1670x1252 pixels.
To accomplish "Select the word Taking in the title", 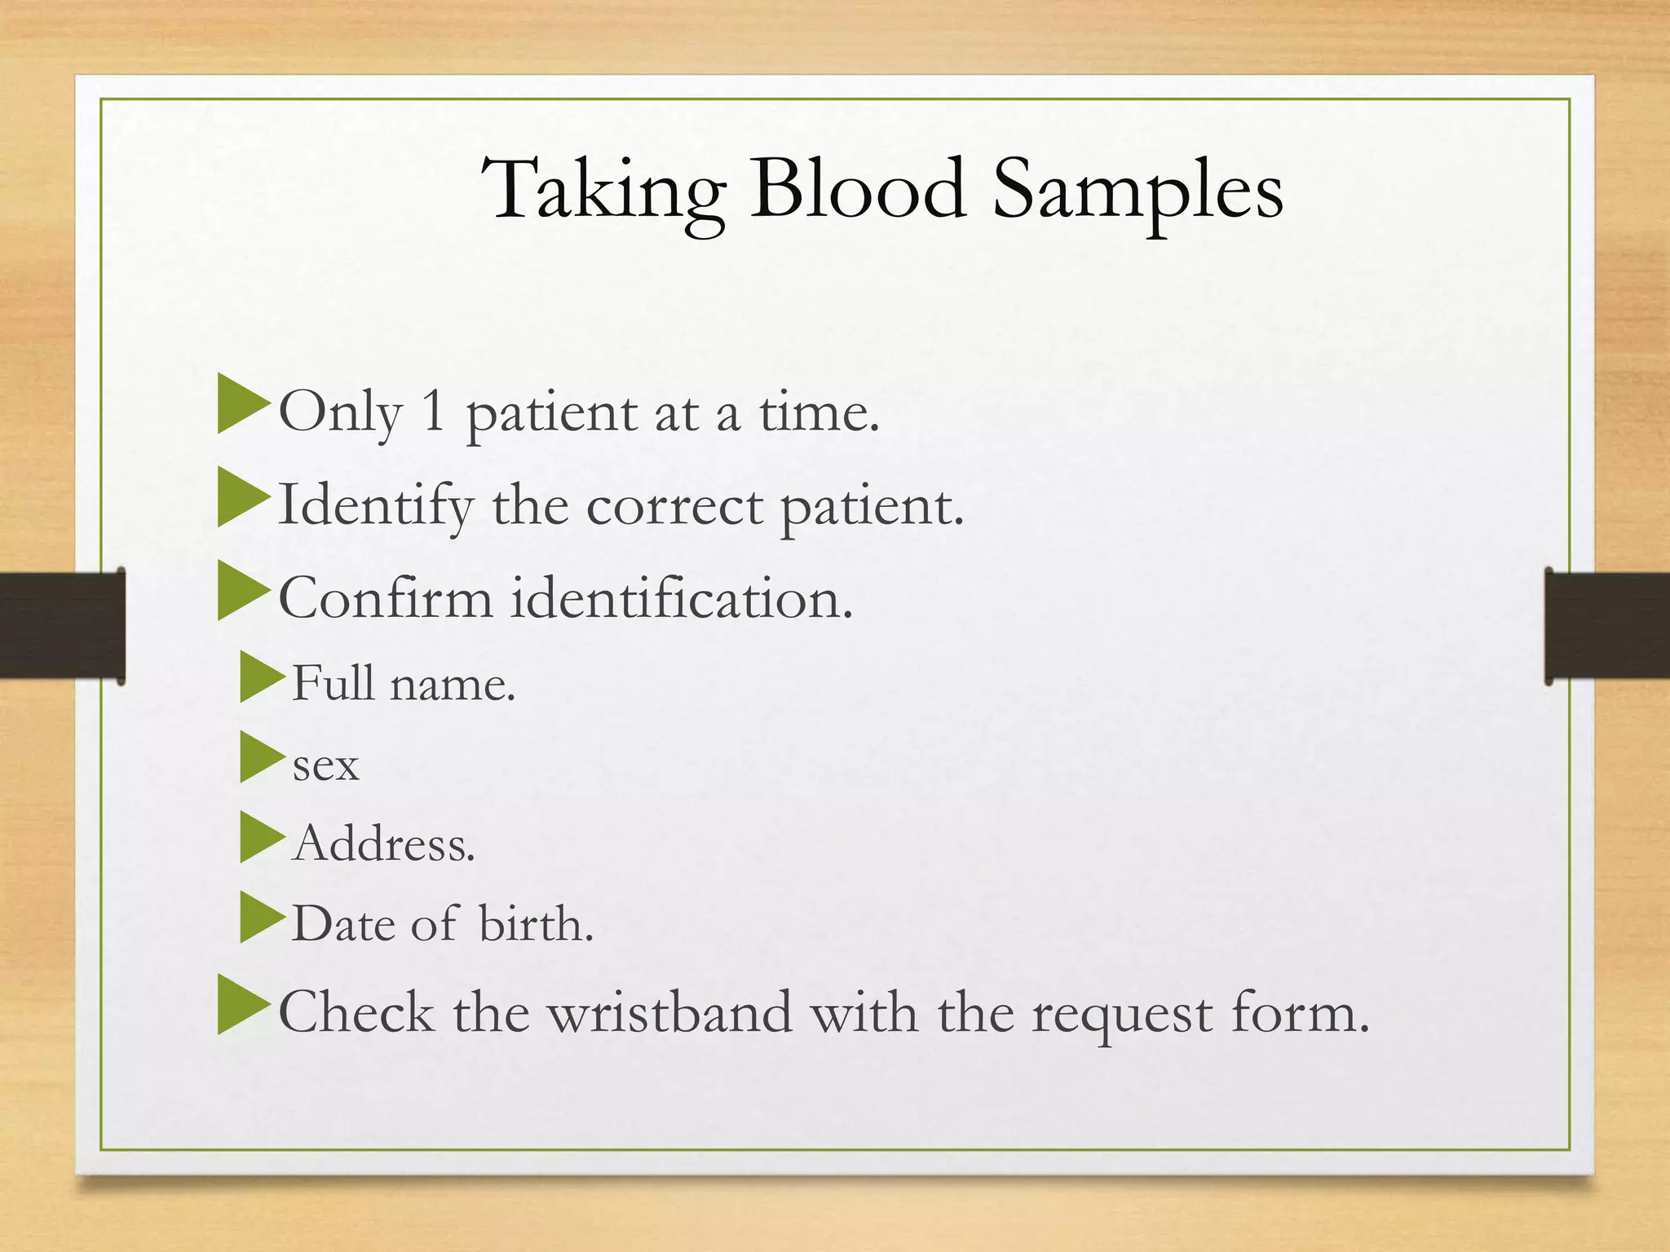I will point(603,191).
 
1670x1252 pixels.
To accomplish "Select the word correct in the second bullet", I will point(674,507).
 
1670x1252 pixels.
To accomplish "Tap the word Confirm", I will point(386,598).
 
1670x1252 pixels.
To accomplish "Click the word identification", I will point(682,598).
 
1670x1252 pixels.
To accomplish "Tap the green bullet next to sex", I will point(261,757).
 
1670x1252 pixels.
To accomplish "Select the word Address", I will point(383,843).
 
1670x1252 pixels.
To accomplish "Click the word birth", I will point(536,924).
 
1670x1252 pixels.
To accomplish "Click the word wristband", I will point(669,1012).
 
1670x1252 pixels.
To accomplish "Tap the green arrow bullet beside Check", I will point(242,1008).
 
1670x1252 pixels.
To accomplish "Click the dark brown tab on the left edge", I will point(62,625).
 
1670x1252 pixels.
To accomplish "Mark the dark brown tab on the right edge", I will point(1606,625).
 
